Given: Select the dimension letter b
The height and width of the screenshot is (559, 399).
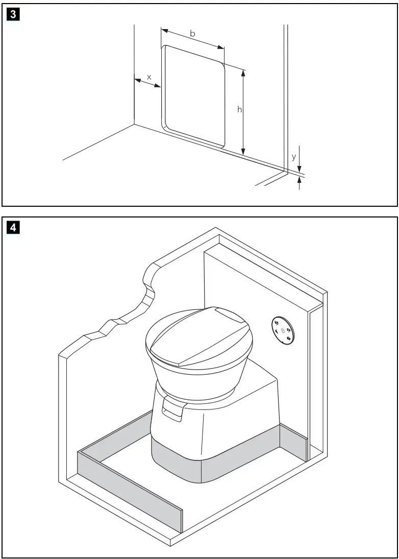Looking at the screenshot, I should coord(192,34).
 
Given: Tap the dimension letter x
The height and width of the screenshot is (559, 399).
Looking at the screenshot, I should coord(149,77).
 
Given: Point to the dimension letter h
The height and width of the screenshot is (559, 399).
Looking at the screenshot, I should coord(239,109).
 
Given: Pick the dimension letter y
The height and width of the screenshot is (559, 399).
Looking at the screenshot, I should coord(293,157).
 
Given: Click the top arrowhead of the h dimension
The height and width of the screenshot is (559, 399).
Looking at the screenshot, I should coord(244,73).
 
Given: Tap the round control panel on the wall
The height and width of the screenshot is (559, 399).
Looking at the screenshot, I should coord(282,330).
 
